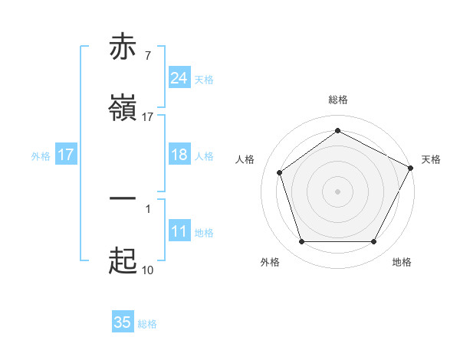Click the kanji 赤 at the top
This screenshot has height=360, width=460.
(123, 47)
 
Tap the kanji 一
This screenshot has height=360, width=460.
(123, 199)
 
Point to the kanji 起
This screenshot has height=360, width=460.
(123, 263)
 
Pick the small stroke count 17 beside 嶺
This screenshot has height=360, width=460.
(147, 117)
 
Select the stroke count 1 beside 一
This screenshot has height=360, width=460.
(147, 208)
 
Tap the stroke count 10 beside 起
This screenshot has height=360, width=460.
(147, 270)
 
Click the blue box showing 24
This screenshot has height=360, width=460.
(179, 78)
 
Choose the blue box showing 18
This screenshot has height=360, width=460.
(179, 155)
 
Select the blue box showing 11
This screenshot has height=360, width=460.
(179, 231)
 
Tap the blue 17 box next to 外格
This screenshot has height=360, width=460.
(66, 155)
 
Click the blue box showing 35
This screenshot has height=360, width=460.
(123, 322)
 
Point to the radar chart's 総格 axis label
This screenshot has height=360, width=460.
(338, 100)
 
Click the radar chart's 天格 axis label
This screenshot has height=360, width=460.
(431, 159)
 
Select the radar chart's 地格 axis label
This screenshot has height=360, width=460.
(402, 262)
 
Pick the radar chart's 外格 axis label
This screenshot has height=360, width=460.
(270, 262)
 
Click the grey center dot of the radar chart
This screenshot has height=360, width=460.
(338, 191)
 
